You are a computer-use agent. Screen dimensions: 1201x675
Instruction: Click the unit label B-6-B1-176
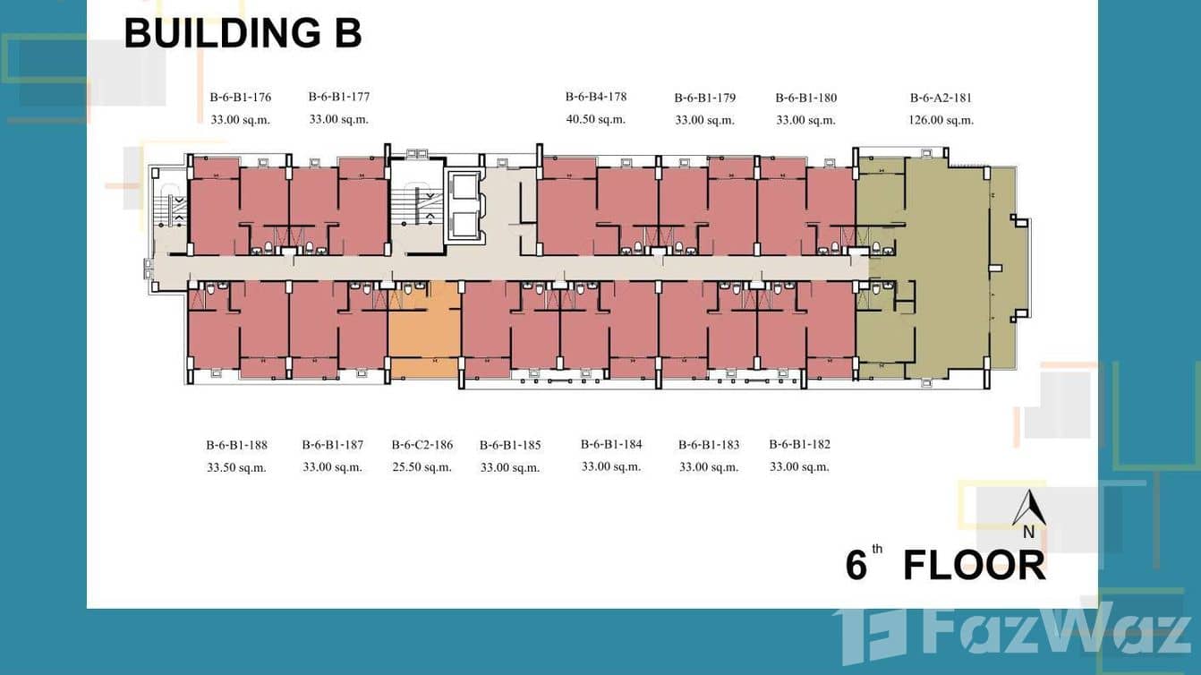click(240, 97)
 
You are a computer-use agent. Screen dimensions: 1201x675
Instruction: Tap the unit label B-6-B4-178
click(596, 97)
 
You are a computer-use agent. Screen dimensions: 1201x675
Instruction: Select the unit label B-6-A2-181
click(941, 98)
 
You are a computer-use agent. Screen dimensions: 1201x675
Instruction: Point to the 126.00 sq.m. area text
click(941, 120)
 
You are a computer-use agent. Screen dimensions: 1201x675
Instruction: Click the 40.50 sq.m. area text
click(596, 119)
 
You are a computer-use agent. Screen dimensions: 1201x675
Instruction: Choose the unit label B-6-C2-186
click(422, 444)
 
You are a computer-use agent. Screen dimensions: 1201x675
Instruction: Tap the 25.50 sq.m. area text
click(422, 467)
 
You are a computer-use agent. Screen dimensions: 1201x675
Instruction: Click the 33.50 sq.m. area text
click(236, 467)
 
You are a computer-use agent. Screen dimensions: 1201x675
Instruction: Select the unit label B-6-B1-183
click(709, 444)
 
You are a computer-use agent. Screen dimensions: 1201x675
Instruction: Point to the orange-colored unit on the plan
click(424, 329)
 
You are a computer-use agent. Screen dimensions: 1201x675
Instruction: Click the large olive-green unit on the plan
click(935, 268)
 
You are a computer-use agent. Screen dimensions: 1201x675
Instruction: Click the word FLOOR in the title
click(975, 565)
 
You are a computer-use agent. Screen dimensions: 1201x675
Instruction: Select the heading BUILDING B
click(243, 33)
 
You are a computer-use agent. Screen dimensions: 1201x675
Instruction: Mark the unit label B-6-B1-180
click(805, 98)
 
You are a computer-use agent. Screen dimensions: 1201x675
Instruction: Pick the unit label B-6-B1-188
click(236, 445)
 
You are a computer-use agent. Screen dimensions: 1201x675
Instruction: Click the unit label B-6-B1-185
click(510, 445)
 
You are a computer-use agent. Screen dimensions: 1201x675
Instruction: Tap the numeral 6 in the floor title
click(856, 565)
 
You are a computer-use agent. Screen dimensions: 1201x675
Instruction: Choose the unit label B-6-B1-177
click(339, 97)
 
